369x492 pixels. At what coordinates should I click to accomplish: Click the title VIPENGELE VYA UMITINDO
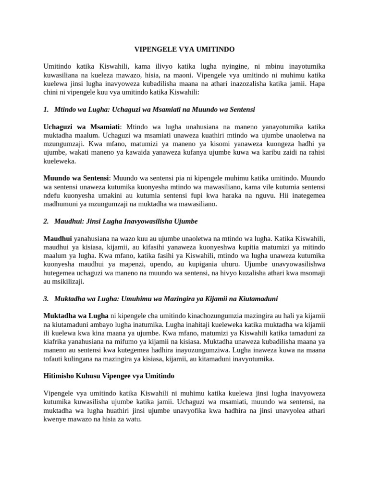pyautogui.click(x=184, y=49)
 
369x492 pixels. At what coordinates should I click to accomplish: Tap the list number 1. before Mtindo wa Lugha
pyautogui.click(x=46, y=110)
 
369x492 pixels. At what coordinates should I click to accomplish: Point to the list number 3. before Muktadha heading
pyautogui.click(x=46, y=299)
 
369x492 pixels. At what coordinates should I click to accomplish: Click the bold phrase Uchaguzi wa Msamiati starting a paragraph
pyautogui.click(x=81, y=127)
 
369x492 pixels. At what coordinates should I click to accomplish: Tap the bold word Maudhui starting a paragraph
pyautogui.click(x=58, y=238)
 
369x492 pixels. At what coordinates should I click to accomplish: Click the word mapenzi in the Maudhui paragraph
pyautogui.click(x=127, y=264)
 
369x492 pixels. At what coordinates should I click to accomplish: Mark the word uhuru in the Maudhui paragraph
pyautogui.click(x=231, y=264)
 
